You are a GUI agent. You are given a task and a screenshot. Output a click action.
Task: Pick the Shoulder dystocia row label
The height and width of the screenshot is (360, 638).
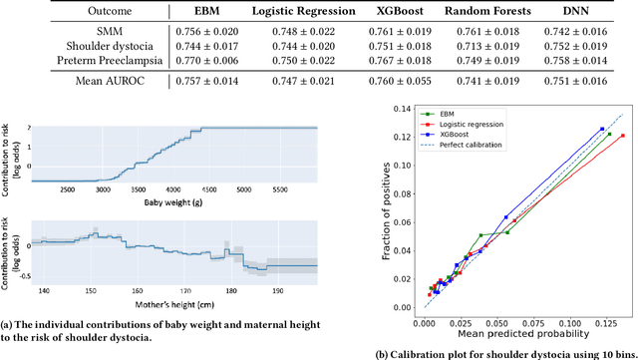[96, 46]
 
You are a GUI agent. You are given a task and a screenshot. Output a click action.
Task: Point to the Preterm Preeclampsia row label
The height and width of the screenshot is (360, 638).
[96, 60]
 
